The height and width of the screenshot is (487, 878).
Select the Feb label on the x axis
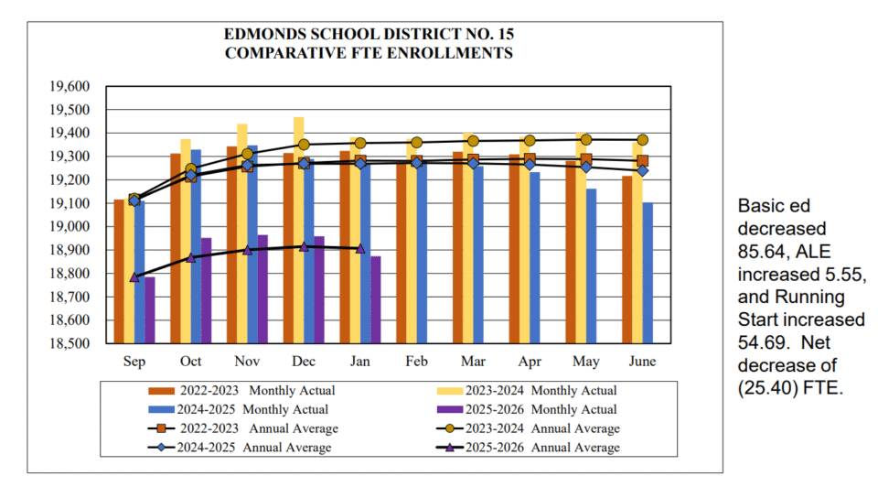(x=417, y=362)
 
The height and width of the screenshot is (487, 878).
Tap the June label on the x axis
(x=643, y=362)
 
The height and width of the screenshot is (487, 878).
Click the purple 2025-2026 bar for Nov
(x=262, y=289)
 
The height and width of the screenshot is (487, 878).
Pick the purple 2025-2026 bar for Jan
(x=375, y=299)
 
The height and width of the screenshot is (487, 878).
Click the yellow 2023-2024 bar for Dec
(x=298, y=230)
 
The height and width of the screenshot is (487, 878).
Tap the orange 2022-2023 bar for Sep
(x=119, y=271)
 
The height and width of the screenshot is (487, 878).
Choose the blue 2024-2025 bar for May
(x=592, y=265)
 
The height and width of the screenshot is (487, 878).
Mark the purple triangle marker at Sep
(x=135, y=276)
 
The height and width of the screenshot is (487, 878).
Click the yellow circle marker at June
(x=643, y=140)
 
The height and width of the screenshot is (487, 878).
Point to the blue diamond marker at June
(x=643, y=170)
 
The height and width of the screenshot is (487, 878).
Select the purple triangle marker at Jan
(x=360, y=248)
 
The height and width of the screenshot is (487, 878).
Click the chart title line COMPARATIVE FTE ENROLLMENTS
(x=369, y=53)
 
